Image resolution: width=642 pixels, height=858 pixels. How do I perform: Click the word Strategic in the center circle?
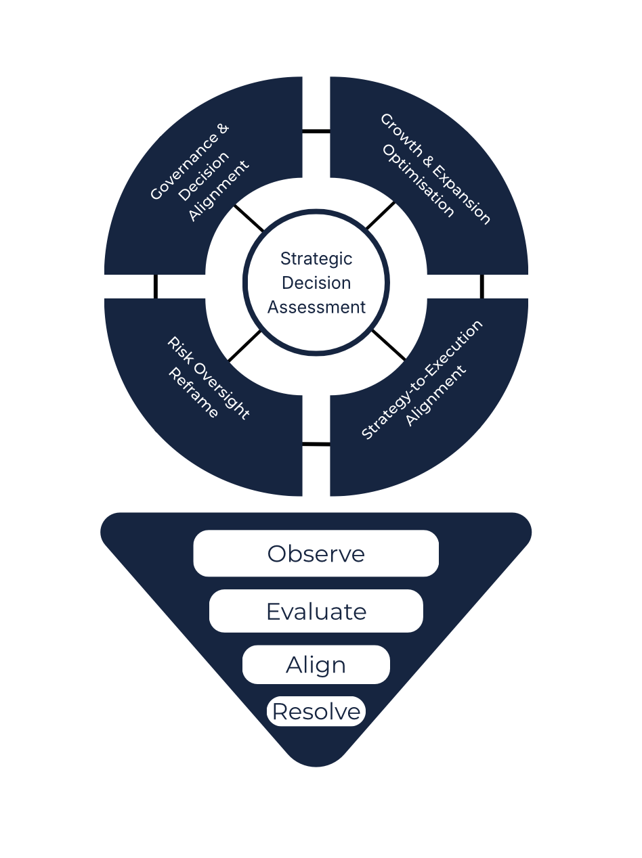click(x=316, y=258)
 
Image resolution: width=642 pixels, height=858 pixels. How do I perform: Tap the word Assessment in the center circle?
click(x=316, y=307)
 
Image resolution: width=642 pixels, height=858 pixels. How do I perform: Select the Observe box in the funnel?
click(x=316, y=554)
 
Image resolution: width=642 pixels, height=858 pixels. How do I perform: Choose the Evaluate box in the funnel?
click(x=316, y=611)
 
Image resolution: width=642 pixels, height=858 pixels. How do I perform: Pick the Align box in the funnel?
click(x=316, y=664)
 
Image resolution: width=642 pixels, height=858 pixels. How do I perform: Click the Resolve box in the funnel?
click(x=316, y=711)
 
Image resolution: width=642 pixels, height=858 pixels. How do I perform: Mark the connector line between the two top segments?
click(x=316, y=131)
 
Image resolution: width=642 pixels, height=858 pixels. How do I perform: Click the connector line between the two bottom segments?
click(x=316, y=444)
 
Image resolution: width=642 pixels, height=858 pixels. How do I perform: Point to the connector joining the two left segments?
click(x=156, y=286)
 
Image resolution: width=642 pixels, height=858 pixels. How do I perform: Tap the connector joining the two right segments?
click(x=482, y=286)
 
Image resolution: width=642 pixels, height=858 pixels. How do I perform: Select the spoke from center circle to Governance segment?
click(x=249, y=218)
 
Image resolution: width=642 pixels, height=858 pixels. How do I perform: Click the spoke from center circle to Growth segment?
click(x=381, y=214)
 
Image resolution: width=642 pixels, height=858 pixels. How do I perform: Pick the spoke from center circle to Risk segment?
click(x=244, y=346)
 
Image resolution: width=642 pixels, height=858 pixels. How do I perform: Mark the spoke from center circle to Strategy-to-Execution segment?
click(x=389, y=344)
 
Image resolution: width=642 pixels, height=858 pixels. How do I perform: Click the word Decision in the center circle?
click(x=316, y=283)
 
